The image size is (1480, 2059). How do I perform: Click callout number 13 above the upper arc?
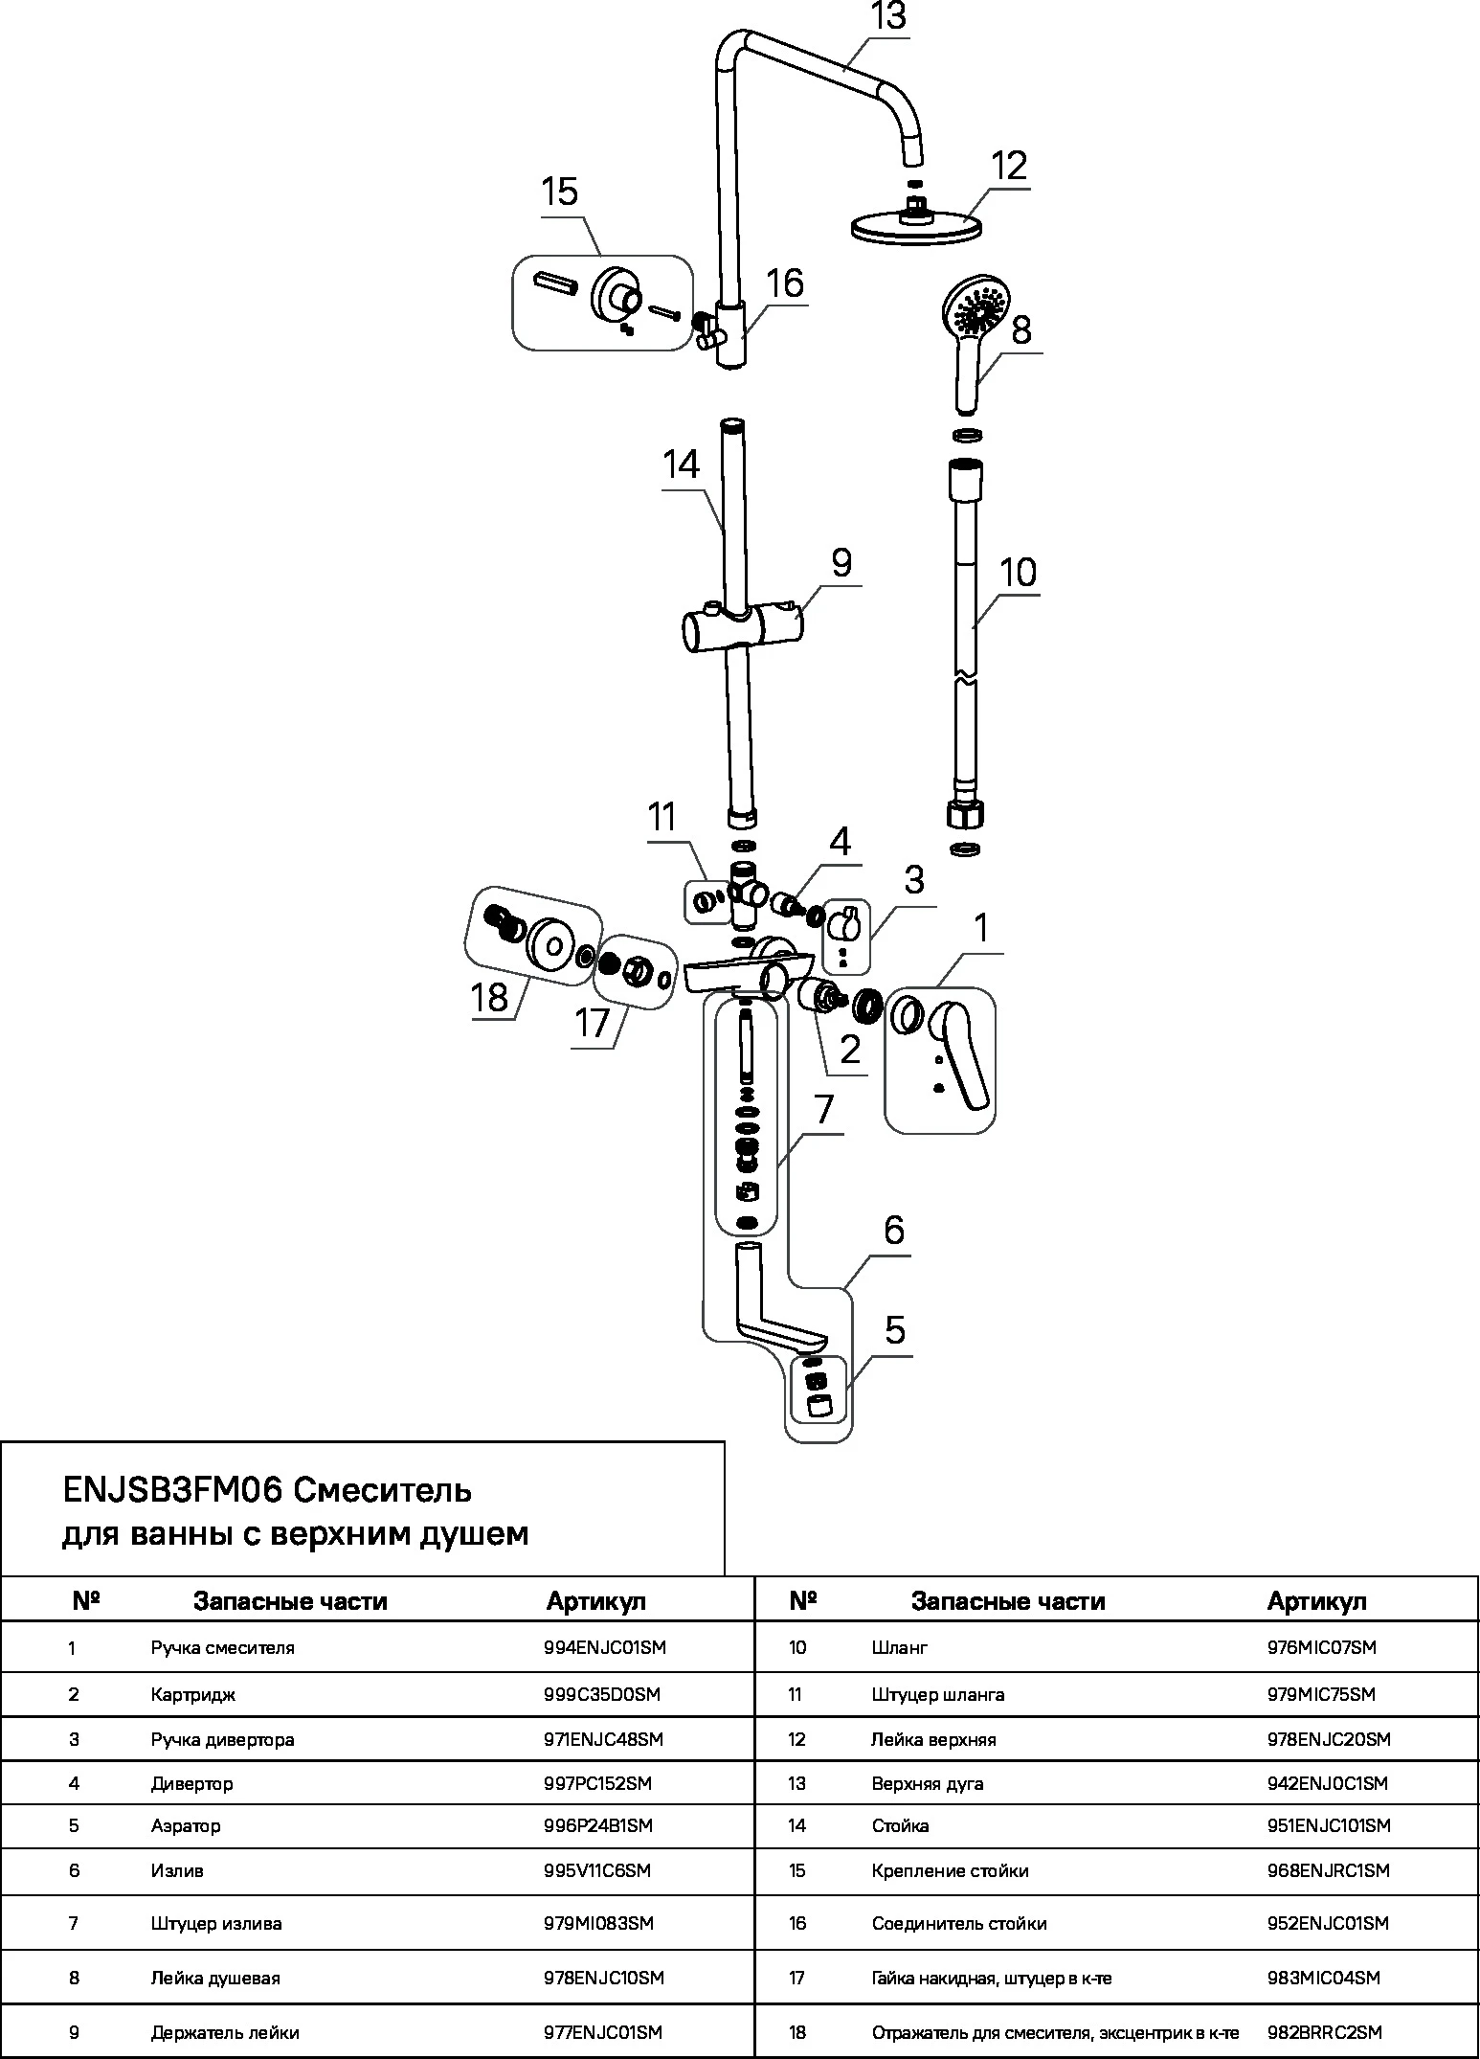pyautogui.click(x=888, y=17)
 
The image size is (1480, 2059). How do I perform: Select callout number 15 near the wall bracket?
pyautogui.click(x=560, y=192)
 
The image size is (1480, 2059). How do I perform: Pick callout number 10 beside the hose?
pyautogui.click(x=1018, y=573)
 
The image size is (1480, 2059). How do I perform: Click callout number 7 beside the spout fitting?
pyautogui.click(x=822, y=1110)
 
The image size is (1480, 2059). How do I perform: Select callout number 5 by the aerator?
pyautogui.click(x=894, y=1330)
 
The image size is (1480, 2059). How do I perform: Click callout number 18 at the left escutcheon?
pyautogui.click(x=489, y=996)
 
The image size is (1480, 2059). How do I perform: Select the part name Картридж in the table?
pyautogui.click(x=192, y=1694)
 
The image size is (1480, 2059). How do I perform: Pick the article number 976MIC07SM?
pyautogui.click(x=1321, y=1647)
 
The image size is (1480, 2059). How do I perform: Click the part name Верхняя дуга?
pyautogui.click(x=927, y=1783)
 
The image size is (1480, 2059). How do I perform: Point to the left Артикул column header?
pyautogui.click(x=595, y=1601)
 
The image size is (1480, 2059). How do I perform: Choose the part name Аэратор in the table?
pyautogui.click(x=186, y=1825)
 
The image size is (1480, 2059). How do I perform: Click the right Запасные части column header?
pyautogui.click(x=1007, y=1601)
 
